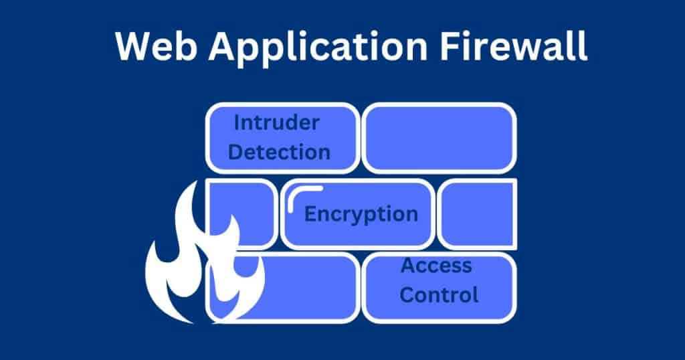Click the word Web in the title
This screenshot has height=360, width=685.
[x=156, y=46]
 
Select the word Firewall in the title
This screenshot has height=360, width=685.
[x=513, y=46]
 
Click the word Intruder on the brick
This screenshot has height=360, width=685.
[x=276, y=122]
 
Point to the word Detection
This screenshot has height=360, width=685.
[x=279, y=152]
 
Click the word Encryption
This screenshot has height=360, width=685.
[x=361, y=215]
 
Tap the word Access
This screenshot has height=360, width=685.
[x=436, y=265]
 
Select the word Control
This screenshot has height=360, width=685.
[x=439, y=295]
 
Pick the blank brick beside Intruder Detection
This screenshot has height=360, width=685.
[x=439, y=138]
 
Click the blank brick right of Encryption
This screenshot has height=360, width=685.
[x=478, y=214]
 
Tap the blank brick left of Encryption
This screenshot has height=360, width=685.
[x=241, y=214]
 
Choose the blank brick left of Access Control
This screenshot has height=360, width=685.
[x=283, y=288]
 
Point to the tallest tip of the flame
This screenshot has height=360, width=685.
[x=193, y=182]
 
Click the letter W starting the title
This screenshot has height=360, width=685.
[x=134, y=46]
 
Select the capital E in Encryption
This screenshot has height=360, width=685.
[x=311, y=213]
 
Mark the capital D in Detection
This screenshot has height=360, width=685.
[x=236, y=152]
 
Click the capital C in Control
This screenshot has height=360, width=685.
[x=407, y=295]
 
